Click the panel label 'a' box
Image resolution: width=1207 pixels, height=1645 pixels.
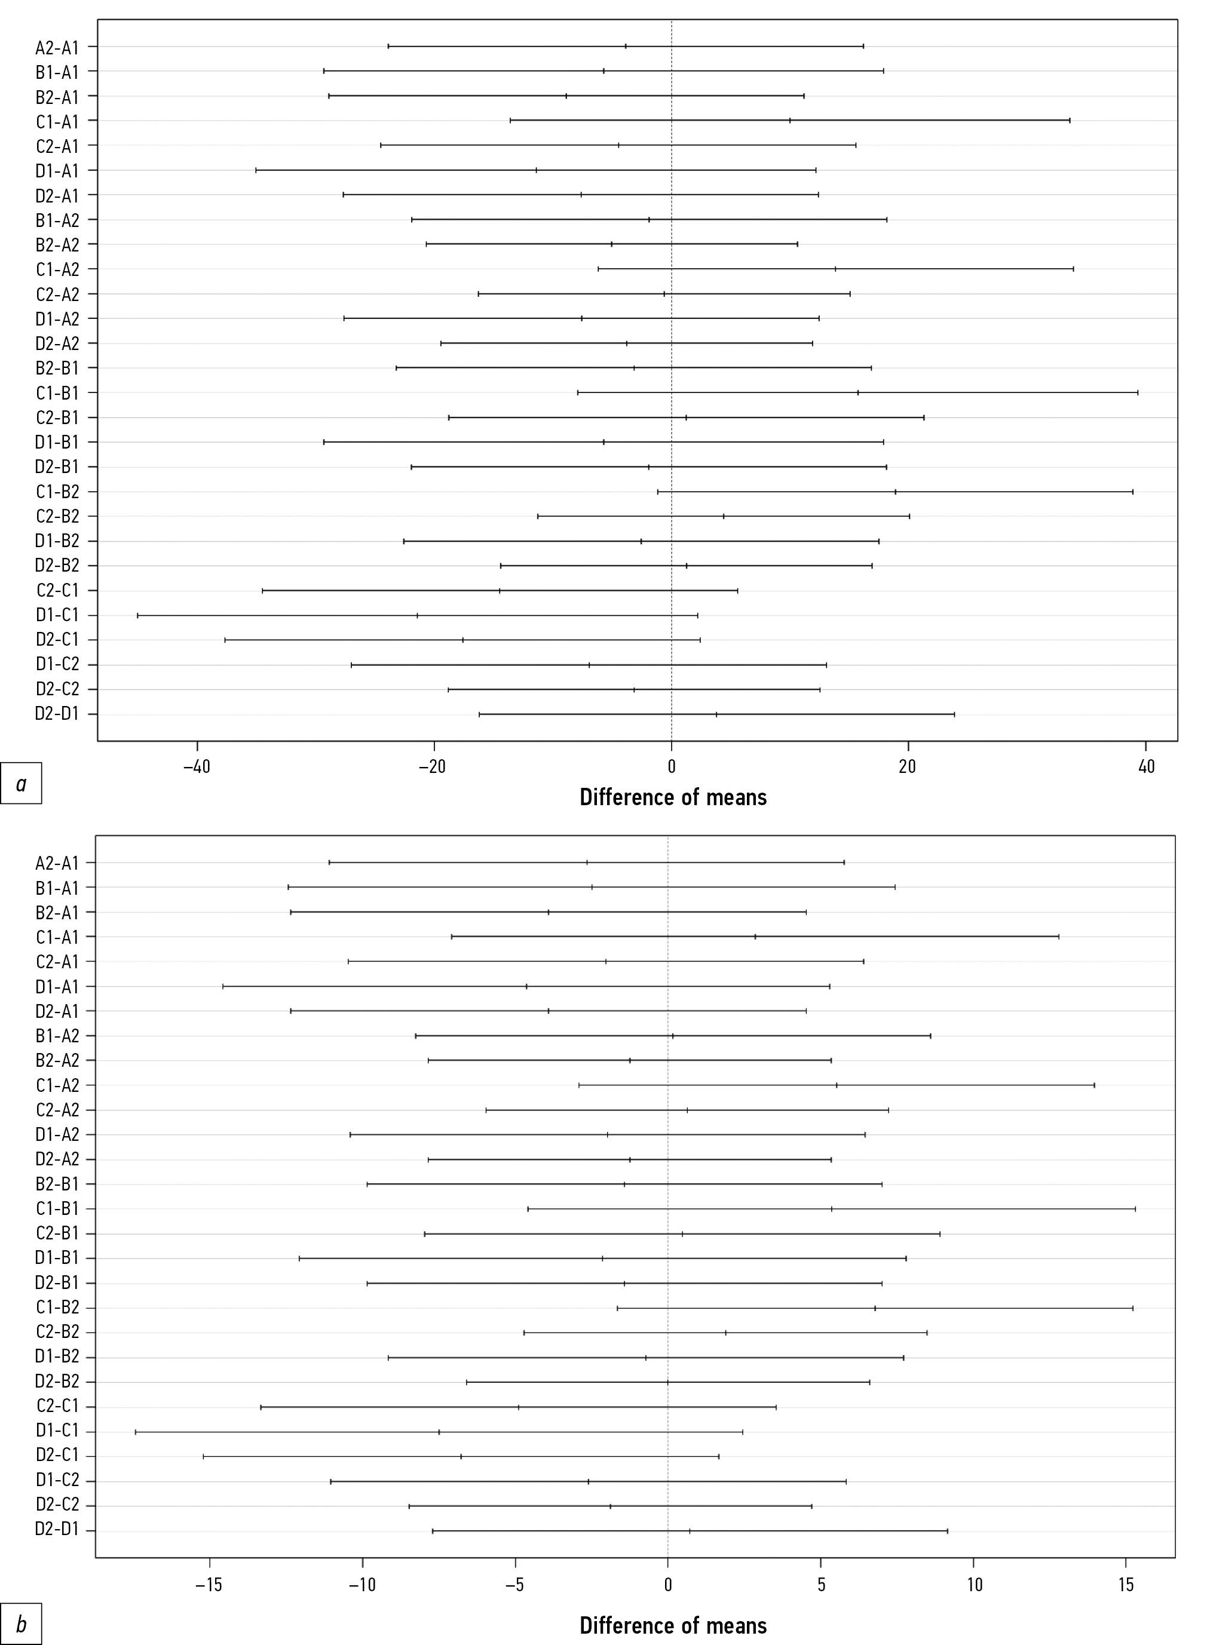pos(21,784)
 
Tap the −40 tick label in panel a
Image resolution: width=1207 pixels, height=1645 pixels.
pos(197,767)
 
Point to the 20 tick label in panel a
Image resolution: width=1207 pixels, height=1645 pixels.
pos(908,767)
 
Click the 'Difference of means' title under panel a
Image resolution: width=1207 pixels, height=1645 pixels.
pos(673,797)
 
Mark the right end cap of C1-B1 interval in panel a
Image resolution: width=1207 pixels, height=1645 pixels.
pos(1138,393)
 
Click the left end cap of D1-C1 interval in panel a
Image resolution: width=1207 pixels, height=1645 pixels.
pos(137,615)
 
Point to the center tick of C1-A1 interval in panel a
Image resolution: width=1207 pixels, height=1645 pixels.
pos(790,121)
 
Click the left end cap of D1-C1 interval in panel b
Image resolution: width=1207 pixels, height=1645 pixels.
pos(136,1432)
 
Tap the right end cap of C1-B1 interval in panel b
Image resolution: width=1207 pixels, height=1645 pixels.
pos(1135,1209)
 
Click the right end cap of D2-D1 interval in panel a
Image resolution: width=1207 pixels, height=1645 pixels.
pos(954,714)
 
